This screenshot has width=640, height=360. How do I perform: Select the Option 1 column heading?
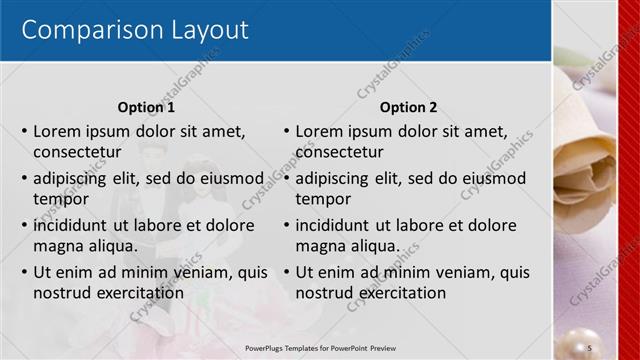pos(146,107)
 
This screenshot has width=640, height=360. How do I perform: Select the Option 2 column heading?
pos(408,107)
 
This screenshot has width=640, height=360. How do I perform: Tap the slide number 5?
pos(590,346)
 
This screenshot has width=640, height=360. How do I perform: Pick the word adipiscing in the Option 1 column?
pos(72,178)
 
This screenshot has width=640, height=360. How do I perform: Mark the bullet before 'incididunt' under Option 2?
pos(286,225)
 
